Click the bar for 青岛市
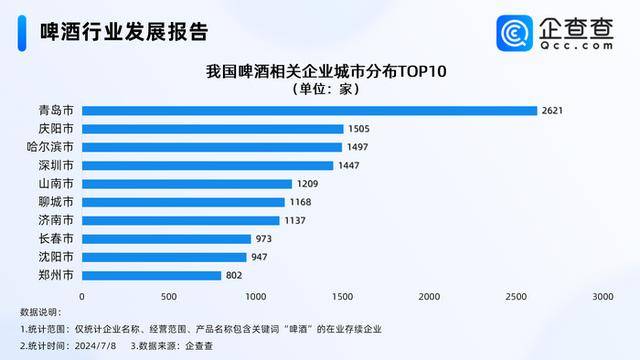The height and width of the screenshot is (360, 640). click(x=309, y=110)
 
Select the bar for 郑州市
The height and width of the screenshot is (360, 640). click(x=151, y=275)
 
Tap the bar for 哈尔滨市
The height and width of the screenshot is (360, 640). click(x=211, y=147)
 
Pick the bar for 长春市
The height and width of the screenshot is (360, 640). click(x=166, y=238)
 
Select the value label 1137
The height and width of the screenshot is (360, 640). click(x=295, y=220)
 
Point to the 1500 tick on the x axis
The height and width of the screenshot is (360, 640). click(x=342, y=297)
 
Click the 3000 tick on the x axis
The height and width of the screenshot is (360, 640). click(x=602, y=297)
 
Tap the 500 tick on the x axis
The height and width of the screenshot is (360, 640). click(x=168, y=297)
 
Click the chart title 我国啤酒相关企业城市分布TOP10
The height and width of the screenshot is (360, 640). click(x=325, y=71)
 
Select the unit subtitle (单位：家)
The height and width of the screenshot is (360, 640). click(x=325, y=89)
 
